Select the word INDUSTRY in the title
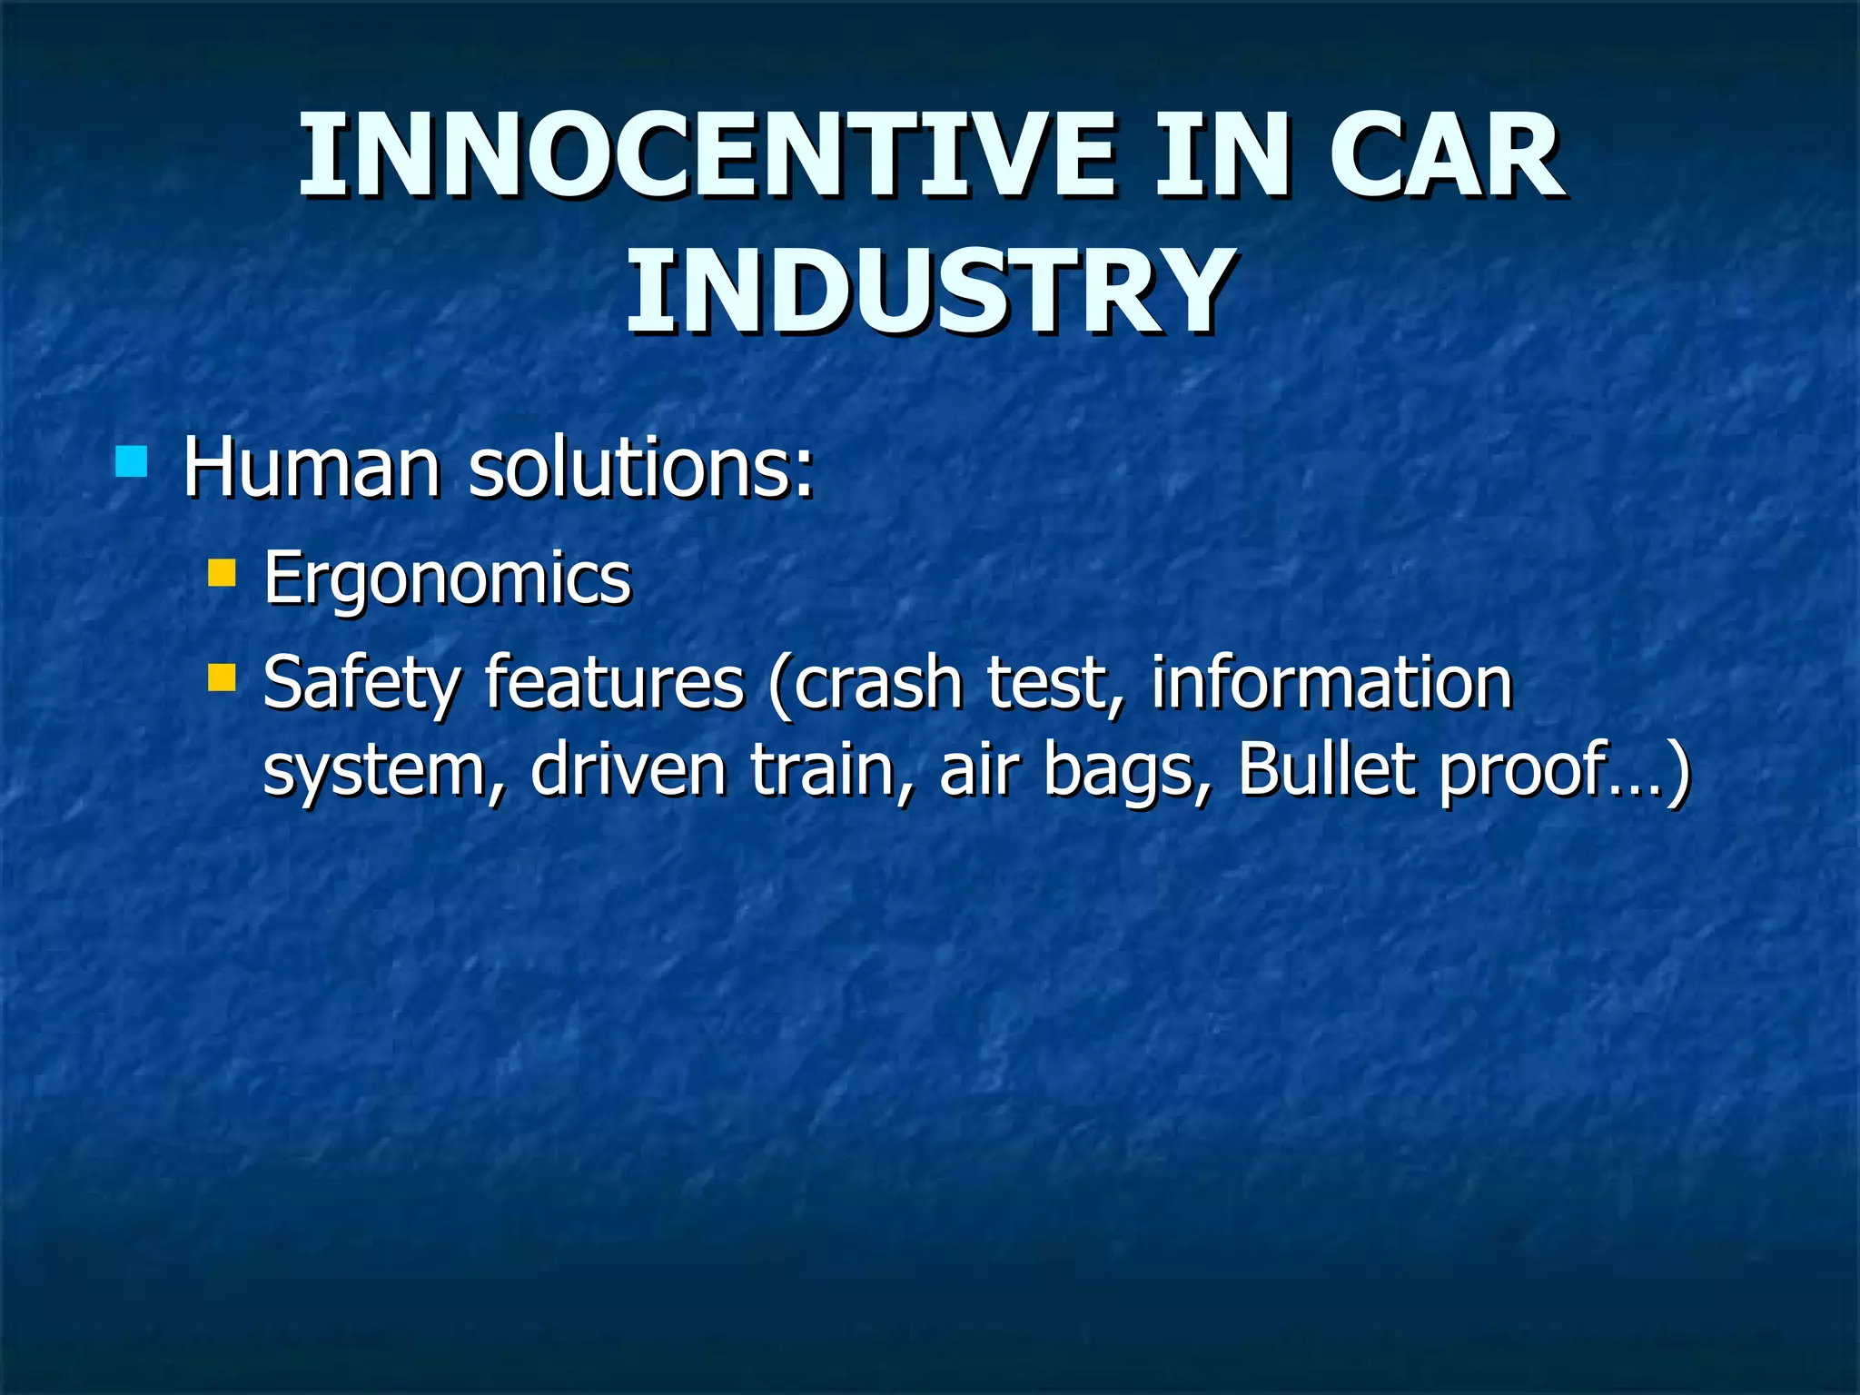coord(930,292)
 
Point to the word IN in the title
coord(1221,156)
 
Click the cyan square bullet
coord(132,461)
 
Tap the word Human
coord(312,469)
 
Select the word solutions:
coord(641,469)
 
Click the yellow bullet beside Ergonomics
coord(222,573)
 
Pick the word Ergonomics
coord(447,578)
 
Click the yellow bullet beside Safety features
coord(222,678)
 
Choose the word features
coord(614,683)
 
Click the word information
coord(1331,683)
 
